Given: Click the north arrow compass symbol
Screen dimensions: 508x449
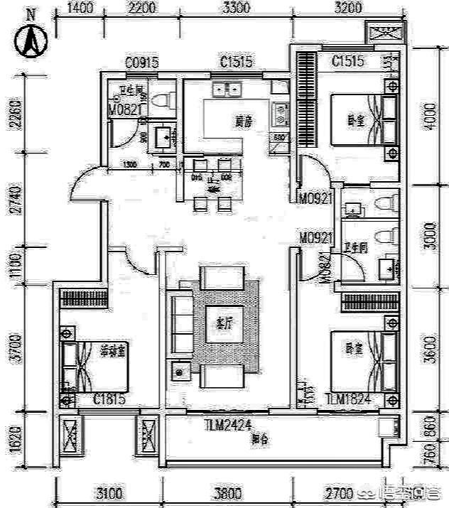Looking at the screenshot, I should pos(31,41).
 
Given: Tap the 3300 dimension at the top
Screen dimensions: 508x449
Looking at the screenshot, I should pos(237,9).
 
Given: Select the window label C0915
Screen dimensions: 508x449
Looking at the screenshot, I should pos(141,63).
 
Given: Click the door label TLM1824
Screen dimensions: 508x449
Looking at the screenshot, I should pos(348,399).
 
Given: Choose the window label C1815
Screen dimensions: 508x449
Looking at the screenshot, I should pos(110,399).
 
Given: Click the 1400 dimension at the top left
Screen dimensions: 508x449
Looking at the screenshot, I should pos(80,9).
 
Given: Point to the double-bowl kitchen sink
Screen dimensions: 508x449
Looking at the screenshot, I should pos(227,90).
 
